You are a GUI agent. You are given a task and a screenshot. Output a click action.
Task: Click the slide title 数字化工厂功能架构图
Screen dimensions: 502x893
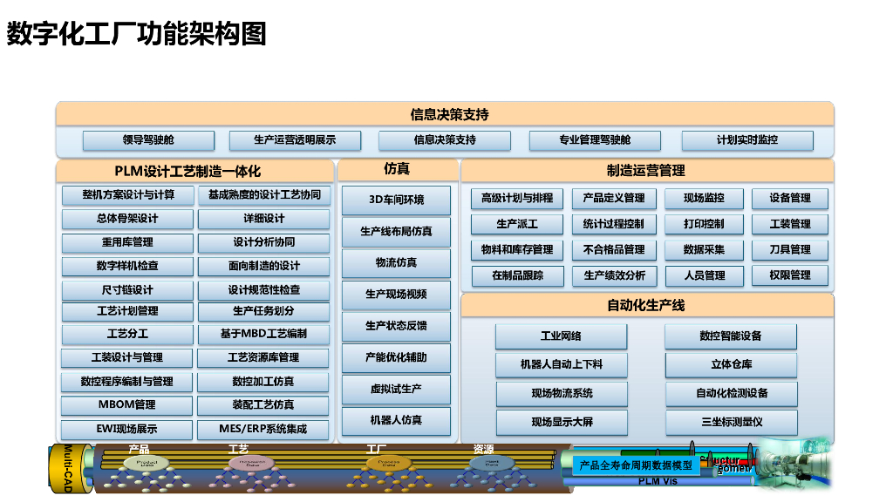pos(136,34)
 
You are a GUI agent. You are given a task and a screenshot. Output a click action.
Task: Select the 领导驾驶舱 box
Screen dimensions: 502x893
pos(148,140)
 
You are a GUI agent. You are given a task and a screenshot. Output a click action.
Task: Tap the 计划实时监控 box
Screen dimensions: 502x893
pos(746,140)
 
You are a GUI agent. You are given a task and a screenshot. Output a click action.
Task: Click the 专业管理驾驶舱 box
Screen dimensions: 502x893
pos(595,140)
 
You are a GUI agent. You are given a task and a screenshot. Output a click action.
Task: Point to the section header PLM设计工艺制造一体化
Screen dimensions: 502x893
pos(195,171)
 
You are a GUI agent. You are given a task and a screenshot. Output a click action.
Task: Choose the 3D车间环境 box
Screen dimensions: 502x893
pos(396,200)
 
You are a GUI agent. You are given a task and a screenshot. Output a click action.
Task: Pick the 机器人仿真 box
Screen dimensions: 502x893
pos(396,421)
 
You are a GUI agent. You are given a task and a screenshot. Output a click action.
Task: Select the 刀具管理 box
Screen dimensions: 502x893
pos(790,250)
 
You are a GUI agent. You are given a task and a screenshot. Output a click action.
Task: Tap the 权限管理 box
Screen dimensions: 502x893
pos(790,275)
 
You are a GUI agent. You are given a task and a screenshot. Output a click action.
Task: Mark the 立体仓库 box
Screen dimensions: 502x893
pos(731,364)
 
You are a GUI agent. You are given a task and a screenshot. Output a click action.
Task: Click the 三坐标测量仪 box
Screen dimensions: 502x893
pos(731,423)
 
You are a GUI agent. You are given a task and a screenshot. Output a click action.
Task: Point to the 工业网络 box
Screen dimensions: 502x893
pos(561,336)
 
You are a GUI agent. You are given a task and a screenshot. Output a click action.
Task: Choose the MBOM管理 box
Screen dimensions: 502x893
pos(126,405)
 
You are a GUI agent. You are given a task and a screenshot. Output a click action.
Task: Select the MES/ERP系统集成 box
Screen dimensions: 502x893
pos(263,430)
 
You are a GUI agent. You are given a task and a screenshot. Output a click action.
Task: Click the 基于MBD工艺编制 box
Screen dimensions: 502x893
pos(263,335)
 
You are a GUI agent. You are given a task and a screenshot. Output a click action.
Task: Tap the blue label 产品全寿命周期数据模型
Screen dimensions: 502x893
pos(636,465)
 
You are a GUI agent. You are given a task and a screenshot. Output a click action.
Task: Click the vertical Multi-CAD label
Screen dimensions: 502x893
pos(68,469)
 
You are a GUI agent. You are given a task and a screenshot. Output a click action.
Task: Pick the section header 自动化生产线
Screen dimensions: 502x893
pos(646,306)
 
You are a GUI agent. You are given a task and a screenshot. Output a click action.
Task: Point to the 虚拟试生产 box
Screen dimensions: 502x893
pos(396,390)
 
